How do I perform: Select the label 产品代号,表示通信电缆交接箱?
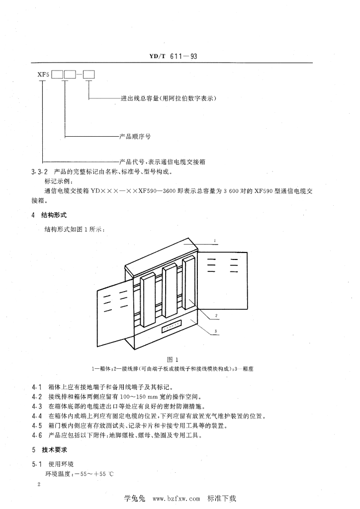(x=163, y=162)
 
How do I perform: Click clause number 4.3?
(x=36, y=406)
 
